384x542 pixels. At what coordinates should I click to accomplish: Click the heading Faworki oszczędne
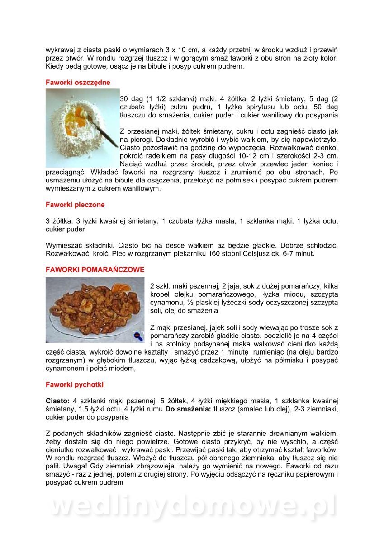coord(78,83)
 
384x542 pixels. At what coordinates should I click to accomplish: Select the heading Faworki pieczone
coord(75,205)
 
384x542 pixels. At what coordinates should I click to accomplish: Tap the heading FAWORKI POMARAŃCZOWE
coord(95,270)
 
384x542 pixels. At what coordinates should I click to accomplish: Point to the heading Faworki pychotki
coord(75,385)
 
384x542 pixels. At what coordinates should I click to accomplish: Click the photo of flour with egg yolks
coord(82,127)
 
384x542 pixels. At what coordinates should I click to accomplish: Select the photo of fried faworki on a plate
coord(95,310)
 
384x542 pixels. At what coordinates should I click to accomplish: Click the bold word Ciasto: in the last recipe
coord(57,401)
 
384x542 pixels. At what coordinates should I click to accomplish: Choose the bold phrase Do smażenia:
coord(187,409)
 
